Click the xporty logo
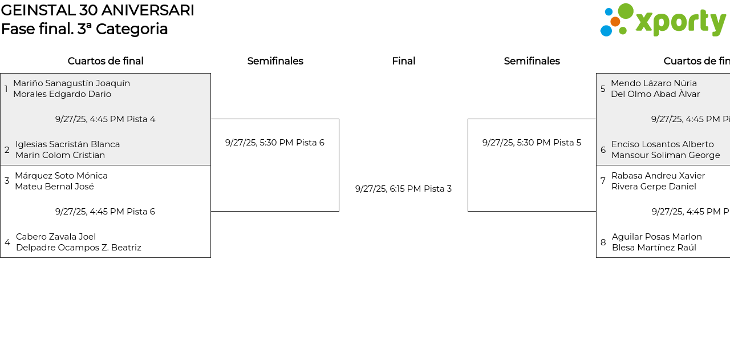click(x=663, y=21)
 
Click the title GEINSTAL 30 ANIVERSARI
click(x=98, y=10)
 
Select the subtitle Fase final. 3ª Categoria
click(x=84, y=29)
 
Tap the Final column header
click(x=403, y=61)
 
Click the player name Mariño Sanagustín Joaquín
click(x=71, y=83)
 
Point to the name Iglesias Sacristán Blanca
click(x=67, y=144)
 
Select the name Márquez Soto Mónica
click(x=61, y=176)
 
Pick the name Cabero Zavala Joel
click(x=56, y=237)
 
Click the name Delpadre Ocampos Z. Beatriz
click(x=79, y=248)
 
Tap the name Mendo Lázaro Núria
click(x=654, y=83)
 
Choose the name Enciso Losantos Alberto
click(x=662, y=144)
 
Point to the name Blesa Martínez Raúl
click(x=654, y=248)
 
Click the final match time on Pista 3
click(x=403, y=189)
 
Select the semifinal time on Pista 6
click(x=274, y=143)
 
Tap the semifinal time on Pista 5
click(x=532, y=143)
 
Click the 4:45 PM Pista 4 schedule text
click(x=105, y=119)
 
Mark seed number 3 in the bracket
click(x=7, y=181)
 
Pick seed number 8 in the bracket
click(x=603, y=242)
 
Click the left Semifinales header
click(x=275, y=61)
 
